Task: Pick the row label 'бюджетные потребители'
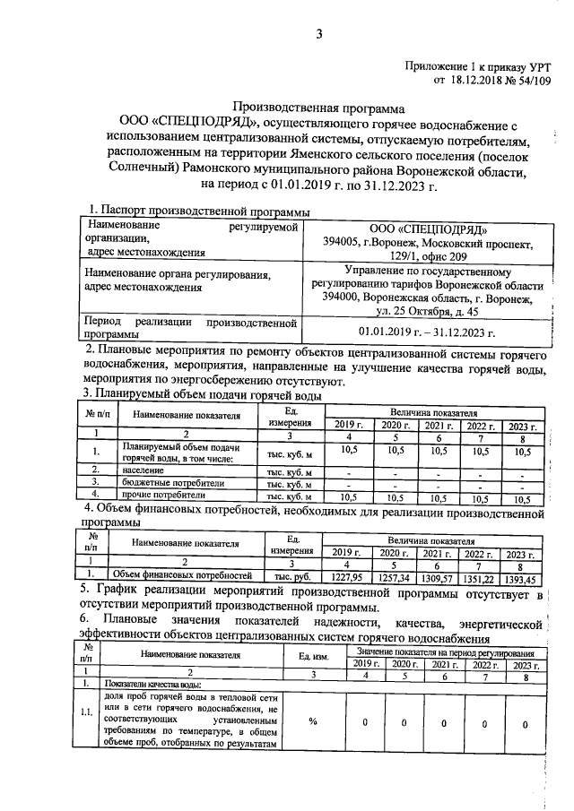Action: (159, 482)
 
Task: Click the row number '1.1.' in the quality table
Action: (86, 713)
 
